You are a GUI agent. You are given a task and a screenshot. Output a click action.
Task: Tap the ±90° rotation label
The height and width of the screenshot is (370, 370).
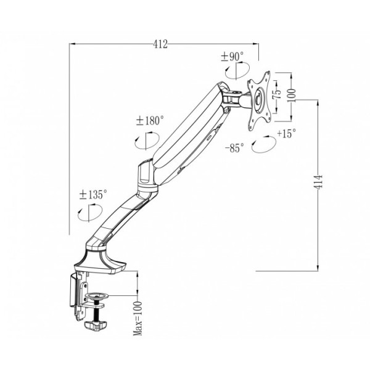pyautogui.click(x=232, y=57)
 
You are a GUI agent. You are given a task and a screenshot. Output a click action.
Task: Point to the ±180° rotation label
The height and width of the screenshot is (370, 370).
pyautogui.click(x=150, y=121)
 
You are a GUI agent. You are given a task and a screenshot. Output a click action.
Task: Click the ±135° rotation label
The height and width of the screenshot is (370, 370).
pyautogui.click(x=93, y=194)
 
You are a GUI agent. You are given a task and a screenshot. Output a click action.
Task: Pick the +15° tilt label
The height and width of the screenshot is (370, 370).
pyautogui.click(x=286, y=133)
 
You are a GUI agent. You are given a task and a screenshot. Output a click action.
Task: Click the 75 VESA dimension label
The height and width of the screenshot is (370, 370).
pyautogui.click(x=278, y=94)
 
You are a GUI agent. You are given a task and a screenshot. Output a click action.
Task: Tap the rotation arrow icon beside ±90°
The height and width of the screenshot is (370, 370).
pyautogui.click(x=233, y=72)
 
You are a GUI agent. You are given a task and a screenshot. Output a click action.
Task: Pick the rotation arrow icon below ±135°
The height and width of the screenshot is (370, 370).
pyautogui.click(x=88, y=214)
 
